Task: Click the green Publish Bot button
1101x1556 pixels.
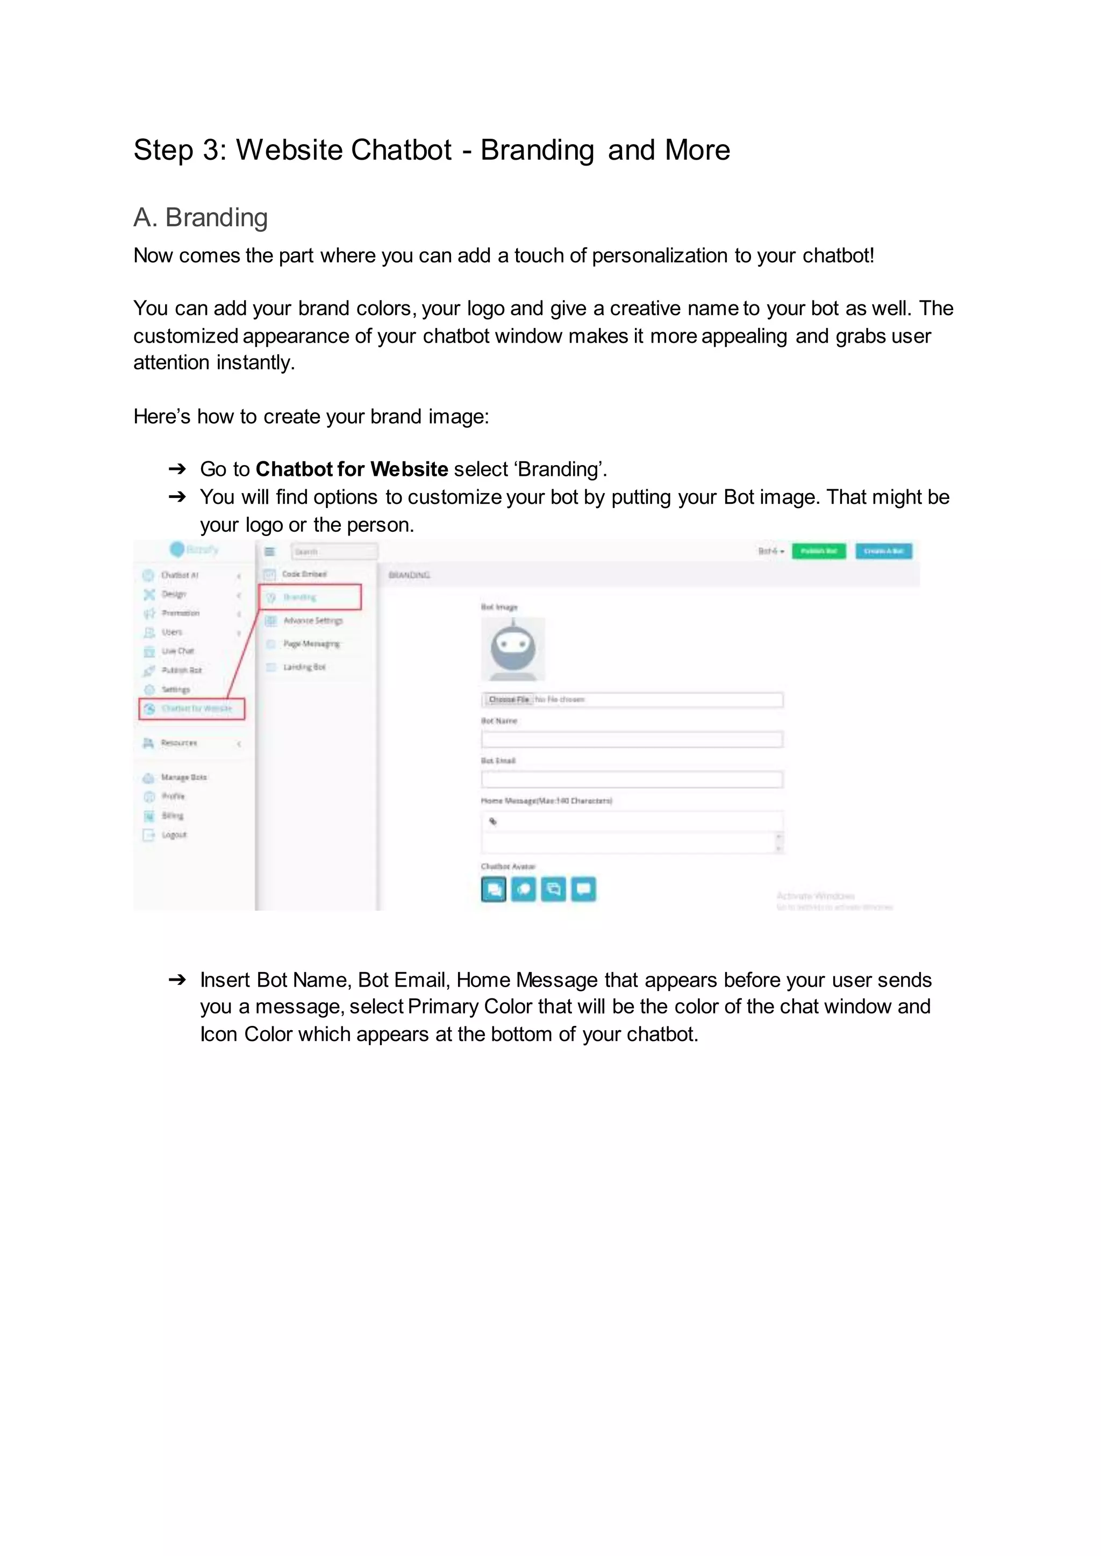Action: point(818,551)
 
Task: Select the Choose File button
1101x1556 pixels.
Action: point(509,699)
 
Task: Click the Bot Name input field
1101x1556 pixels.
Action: point(631,739)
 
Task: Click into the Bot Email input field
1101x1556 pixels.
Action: point(631,779)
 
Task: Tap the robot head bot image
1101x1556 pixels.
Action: point(512,649)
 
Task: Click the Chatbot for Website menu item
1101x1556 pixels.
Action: point(192,709)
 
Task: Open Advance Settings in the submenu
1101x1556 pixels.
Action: point(312,620)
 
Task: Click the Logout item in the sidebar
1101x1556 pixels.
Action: point(174,834)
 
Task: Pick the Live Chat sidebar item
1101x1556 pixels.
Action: point(177,651)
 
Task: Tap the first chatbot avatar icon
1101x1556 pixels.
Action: point(494,889)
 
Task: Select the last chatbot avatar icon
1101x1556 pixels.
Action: point(583,889)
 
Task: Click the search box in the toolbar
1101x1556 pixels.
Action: point(333,551)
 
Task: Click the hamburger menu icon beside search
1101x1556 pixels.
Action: point(270,551)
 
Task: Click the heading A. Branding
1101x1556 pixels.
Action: point(200,218)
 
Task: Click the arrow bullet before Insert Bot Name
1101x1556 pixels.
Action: point(177,980)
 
